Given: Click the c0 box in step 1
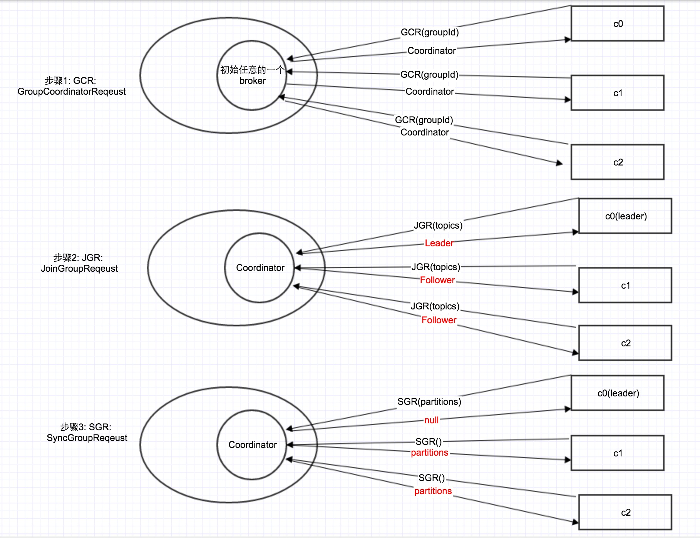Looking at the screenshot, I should [617, 23].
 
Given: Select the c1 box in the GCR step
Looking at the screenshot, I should [617, 93].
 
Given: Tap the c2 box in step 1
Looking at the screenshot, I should [617, 162].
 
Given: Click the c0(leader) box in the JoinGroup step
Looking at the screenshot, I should [625, 216].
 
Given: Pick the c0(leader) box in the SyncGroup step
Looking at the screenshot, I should [618, 393].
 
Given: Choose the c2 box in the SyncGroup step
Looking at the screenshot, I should [625, 512].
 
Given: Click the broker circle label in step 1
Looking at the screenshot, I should [252, 75].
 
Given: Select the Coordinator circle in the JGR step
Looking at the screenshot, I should [260, 268].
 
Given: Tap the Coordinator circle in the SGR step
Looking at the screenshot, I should [252, 445].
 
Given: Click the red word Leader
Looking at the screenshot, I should [439, 243].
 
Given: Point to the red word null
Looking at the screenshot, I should [431, 420].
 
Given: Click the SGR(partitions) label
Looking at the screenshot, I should [429, 402].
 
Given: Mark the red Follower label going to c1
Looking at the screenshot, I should [437, 280].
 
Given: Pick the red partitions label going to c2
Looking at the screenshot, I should [433, 491].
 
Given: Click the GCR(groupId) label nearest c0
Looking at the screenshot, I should [430, 32].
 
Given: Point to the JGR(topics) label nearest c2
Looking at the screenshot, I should [435, 306].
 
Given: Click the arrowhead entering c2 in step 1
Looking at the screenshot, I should [559, 163].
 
